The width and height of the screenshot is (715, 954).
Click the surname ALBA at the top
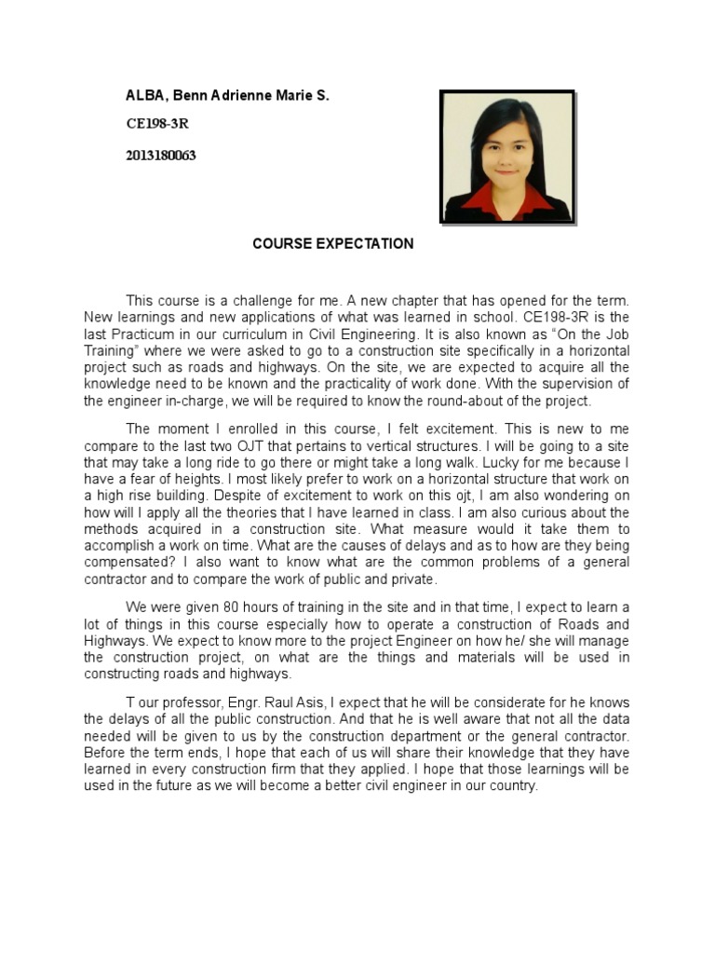pyautogui.click(x=143, y=96)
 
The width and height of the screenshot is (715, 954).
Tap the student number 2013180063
pyautogui.click(x=161, y=156)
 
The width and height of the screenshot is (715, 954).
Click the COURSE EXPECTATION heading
pyautogui.click(x=333, y=244)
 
